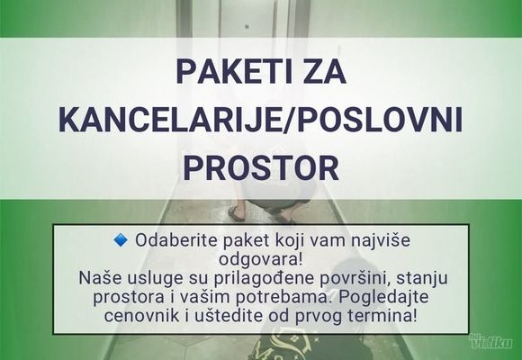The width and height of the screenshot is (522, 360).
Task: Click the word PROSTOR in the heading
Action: (261, 166)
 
